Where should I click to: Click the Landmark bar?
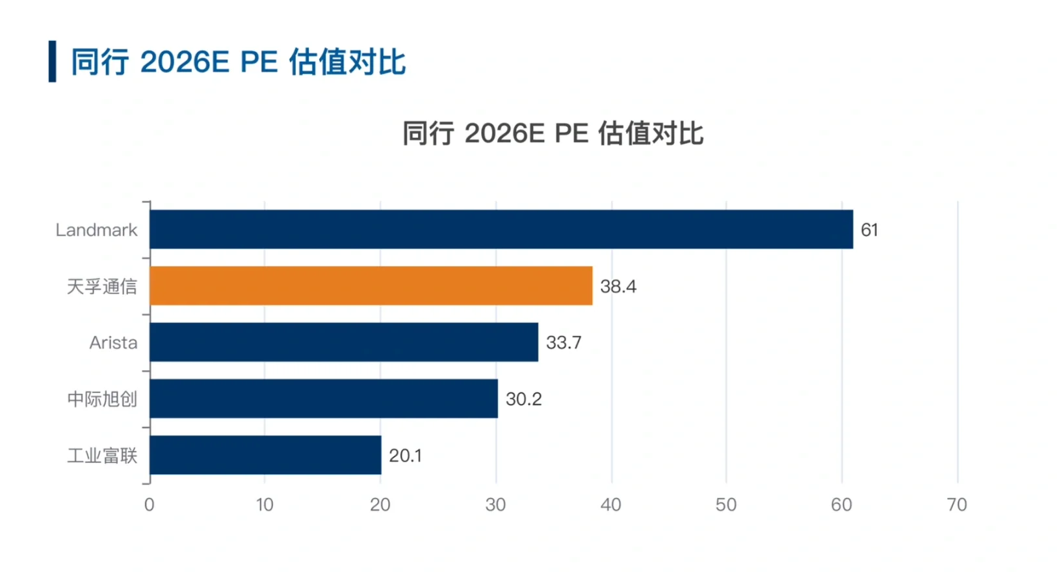click(501, 229)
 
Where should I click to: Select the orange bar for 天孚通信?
click(371, 286)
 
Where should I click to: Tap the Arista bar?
click(343, 342)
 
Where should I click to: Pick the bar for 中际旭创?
click(323, 399)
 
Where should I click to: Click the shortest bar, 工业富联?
click(265, 456)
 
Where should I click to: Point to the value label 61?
click(869, 230)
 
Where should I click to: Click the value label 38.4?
click(618, 286)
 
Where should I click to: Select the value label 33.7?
click(564, 343)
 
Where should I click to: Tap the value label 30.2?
click(523, 399)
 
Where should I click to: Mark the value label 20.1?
click(405, 456)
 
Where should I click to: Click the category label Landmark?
click(96, 230)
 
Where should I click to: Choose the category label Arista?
click(113, 343)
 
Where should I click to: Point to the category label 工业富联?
click(102, 456)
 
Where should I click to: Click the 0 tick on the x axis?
click(150, 504)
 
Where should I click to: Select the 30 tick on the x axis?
click(495, 504)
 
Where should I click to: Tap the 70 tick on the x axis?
click(957, 504)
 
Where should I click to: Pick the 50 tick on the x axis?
click(726, 504)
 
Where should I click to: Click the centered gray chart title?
click(553, 133)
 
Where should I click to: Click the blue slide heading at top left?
click(238, 62)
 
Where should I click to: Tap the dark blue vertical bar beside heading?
click(52, 62)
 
